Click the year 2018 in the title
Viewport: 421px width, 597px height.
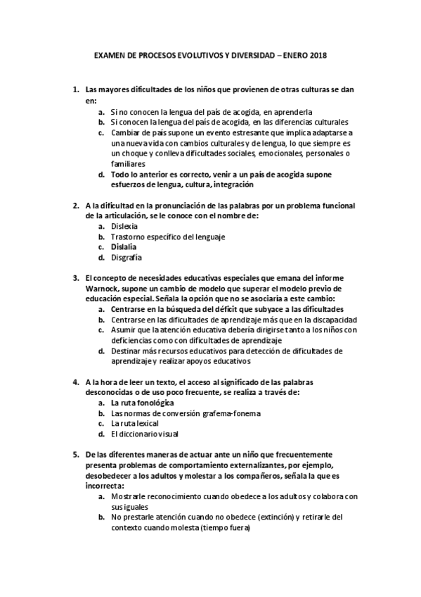pos(318,54)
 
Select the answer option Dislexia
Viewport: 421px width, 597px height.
pos(124,226)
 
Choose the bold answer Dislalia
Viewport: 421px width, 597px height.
pos(124,247)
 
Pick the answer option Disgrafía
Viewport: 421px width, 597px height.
pos(126,258)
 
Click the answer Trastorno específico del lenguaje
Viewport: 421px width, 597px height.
pos(167,237)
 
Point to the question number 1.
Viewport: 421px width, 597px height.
pos(76,91)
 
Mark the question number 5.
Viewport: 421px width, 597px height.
pos(76,454)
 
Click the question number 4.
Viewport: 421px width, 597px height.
pos(76,382)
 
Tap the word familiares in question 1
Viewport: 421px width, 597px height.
pos(129,163)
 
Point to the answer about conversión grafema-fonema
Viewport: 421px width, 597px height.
pos(180,413)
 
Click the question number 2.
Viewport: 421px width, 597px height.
pos(76,206)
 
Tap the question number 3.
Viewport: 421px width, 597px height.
pos(76,278)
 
